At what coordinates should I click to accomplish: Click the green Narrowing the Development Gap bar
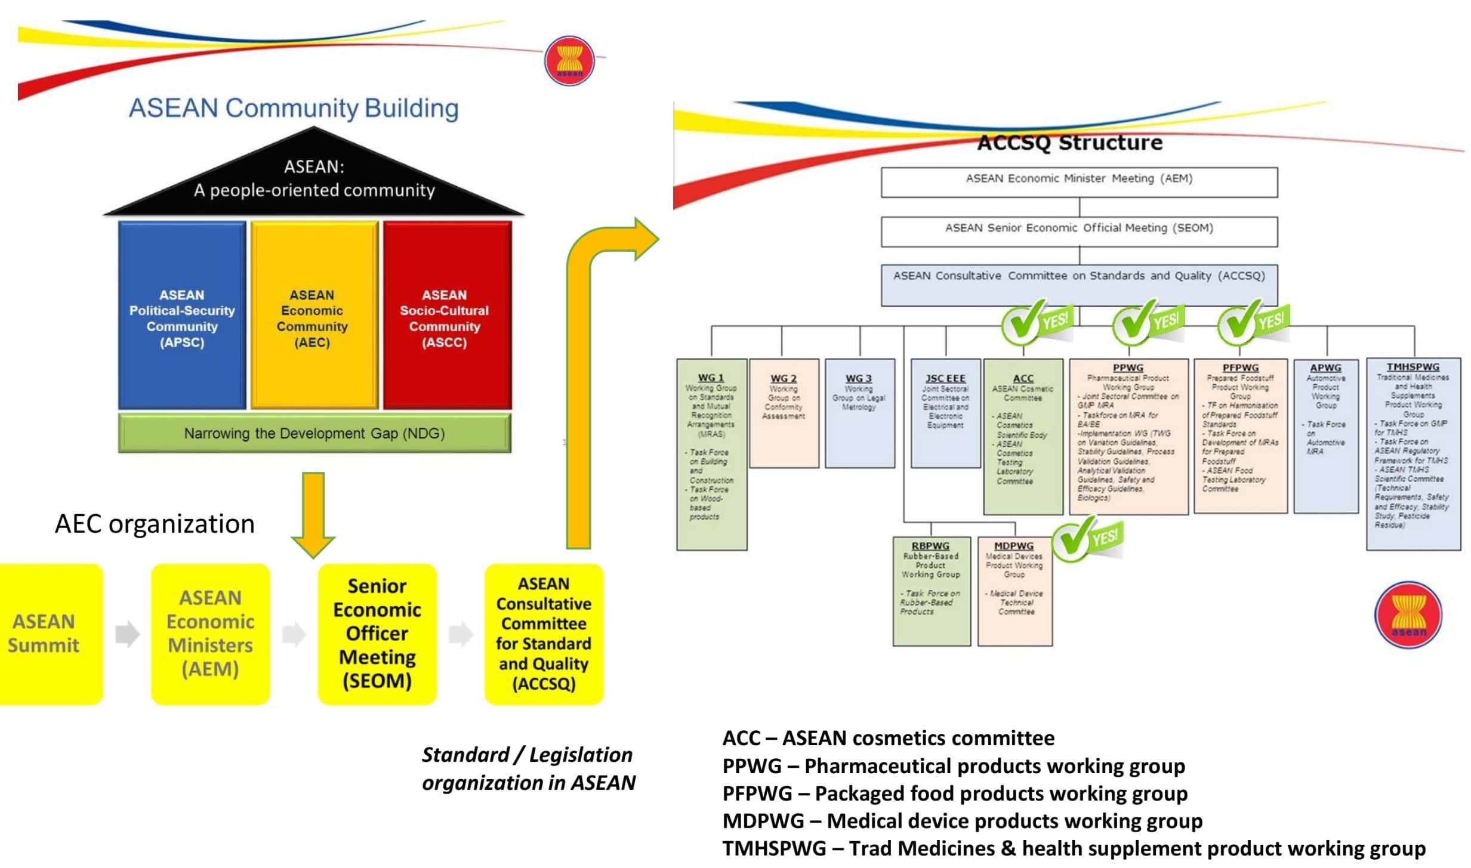[314, 433]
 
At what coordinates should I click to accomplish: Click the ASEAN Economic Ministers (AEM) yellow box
[210, 634]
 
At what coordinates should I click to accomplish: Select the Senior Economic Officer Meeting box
[377, 634]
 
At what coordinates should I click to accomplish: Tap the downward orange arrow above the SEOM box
[313, 513]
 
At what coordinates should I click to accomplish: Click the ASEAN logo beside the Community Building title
[569, 60]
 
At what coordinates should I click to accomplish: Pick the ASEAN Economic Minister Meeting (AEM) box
[1079, 181]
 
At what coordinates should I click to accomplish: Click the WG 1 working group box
[711, 453]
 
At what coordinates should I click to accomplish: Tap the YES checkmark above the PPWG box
[1146, 322]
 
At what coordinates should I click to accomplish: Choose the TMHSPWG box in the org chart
[1413, 453]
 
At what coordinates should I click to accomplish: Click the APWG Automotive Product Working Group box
[1326, 435]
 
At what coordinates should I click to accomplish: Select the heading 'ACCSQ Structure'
[1069, 143]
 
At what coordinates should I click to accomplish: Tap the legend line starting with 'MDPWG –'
[962, 821]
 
